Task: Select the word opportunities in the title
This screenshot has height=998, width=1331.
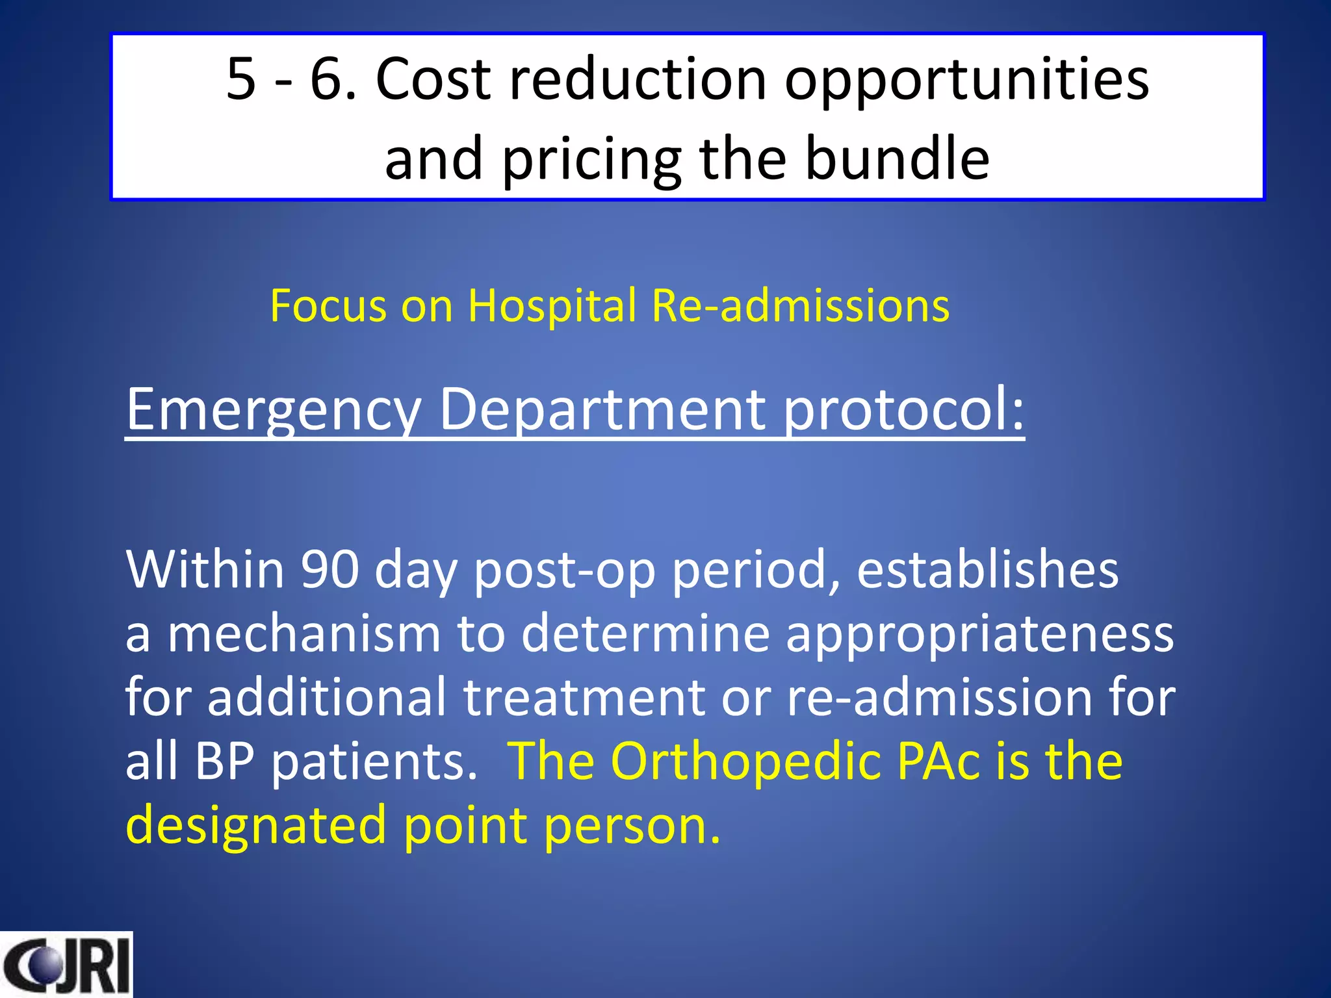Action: pos(967,81)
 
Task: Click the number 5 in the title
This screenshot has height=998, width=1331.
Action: pos(240,79)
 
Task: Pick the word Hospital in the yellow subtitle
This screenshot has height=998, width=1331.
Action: pos(552,305)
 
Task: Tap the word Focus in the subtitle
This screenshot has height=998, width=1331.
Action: pos(328,305)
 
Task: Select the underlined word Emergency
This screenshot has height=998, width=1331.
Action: pos(274,411)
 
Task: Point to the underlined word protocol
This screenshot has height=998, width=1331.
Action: pos(903,411)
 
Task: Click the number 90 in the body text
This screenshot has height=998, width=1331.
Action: pos(330,569)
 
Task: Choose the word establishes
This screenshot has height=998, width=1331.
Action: pos(987,569)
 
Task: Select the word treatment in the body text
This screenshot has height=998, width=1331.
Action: pos(584,697)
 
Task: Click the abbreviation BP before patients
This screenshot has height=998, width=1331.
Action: pos(224,761)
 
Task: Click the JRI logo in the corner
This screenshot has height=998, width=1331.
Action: pos(66,964)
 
